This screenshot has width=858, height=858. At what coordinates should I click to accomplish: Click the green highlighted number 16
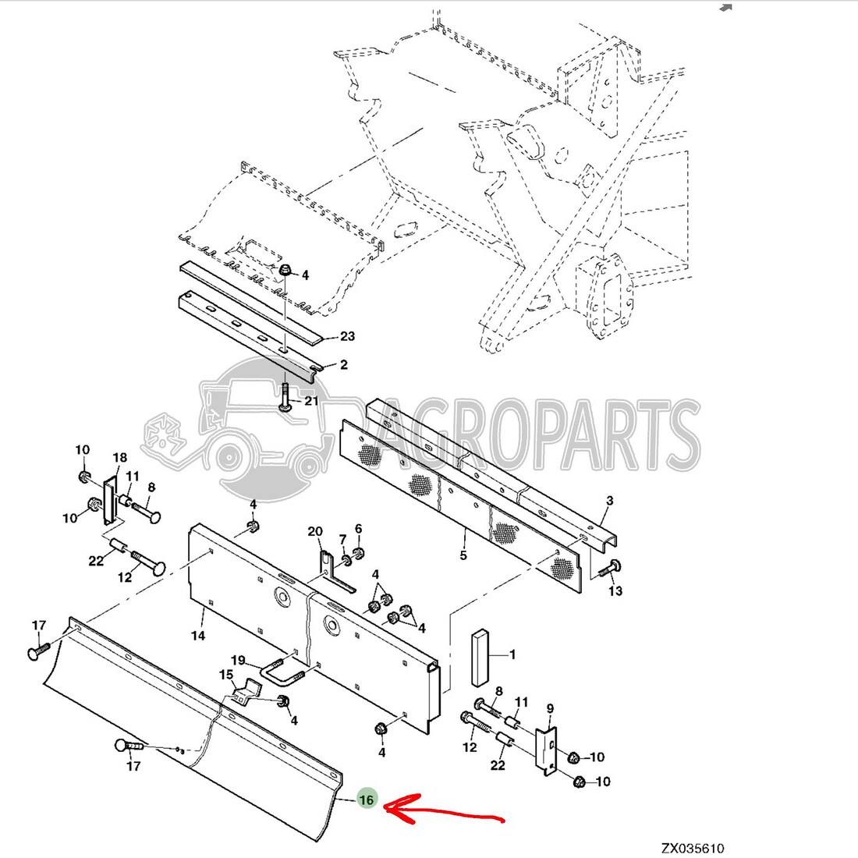click(x=366, y=799)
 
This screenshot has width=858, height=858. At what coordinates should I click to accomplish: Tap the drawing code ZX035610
click(x=693, y=848)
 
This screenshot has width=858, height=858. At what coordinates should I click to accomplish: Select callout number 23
click(x=347, y=336)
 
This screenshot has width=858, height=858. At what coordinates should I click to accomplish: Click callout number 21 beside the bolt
click(x=311, y=401)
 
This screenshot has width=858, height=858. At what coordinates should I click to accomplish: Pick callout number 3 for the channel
click(x=610, y=500)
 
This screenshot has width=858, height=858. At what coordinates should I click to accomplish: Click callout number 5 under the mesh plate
click(x=463, y=555)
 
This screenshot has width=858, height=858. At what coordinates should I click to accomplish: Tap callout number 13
click(x=615, y=590)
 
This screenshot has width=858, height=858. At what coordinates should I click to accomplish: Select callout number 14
click(x=198, y=635)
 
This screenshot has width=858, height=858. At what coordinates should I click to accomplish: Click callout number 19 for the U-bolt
click(x=238, y=661)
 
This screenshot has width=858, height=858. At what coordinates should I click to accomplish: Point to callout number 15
click(x=226, y=675)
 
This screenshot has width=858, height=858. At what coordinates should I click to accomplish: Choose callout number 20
click(x=315, y=531)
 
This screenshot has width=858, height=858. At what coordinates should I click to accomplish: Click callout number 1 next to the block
click(x=512, y=654)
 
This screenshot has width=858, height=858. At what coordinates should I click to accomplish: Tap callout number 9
click(x=550, y=708)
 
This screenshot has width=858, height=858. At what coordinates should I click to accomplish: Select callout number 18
click(x=120, y=457)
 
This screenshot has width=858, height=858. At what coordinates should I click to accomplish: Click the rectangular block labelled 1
click(x=480, y=658)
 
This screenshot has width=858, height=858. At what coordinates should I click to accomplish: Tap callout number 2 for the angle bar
click(x=344, y=364)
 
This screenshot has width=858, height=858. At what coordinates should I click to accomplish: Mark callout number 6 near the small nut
click(x=359, y=529)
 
